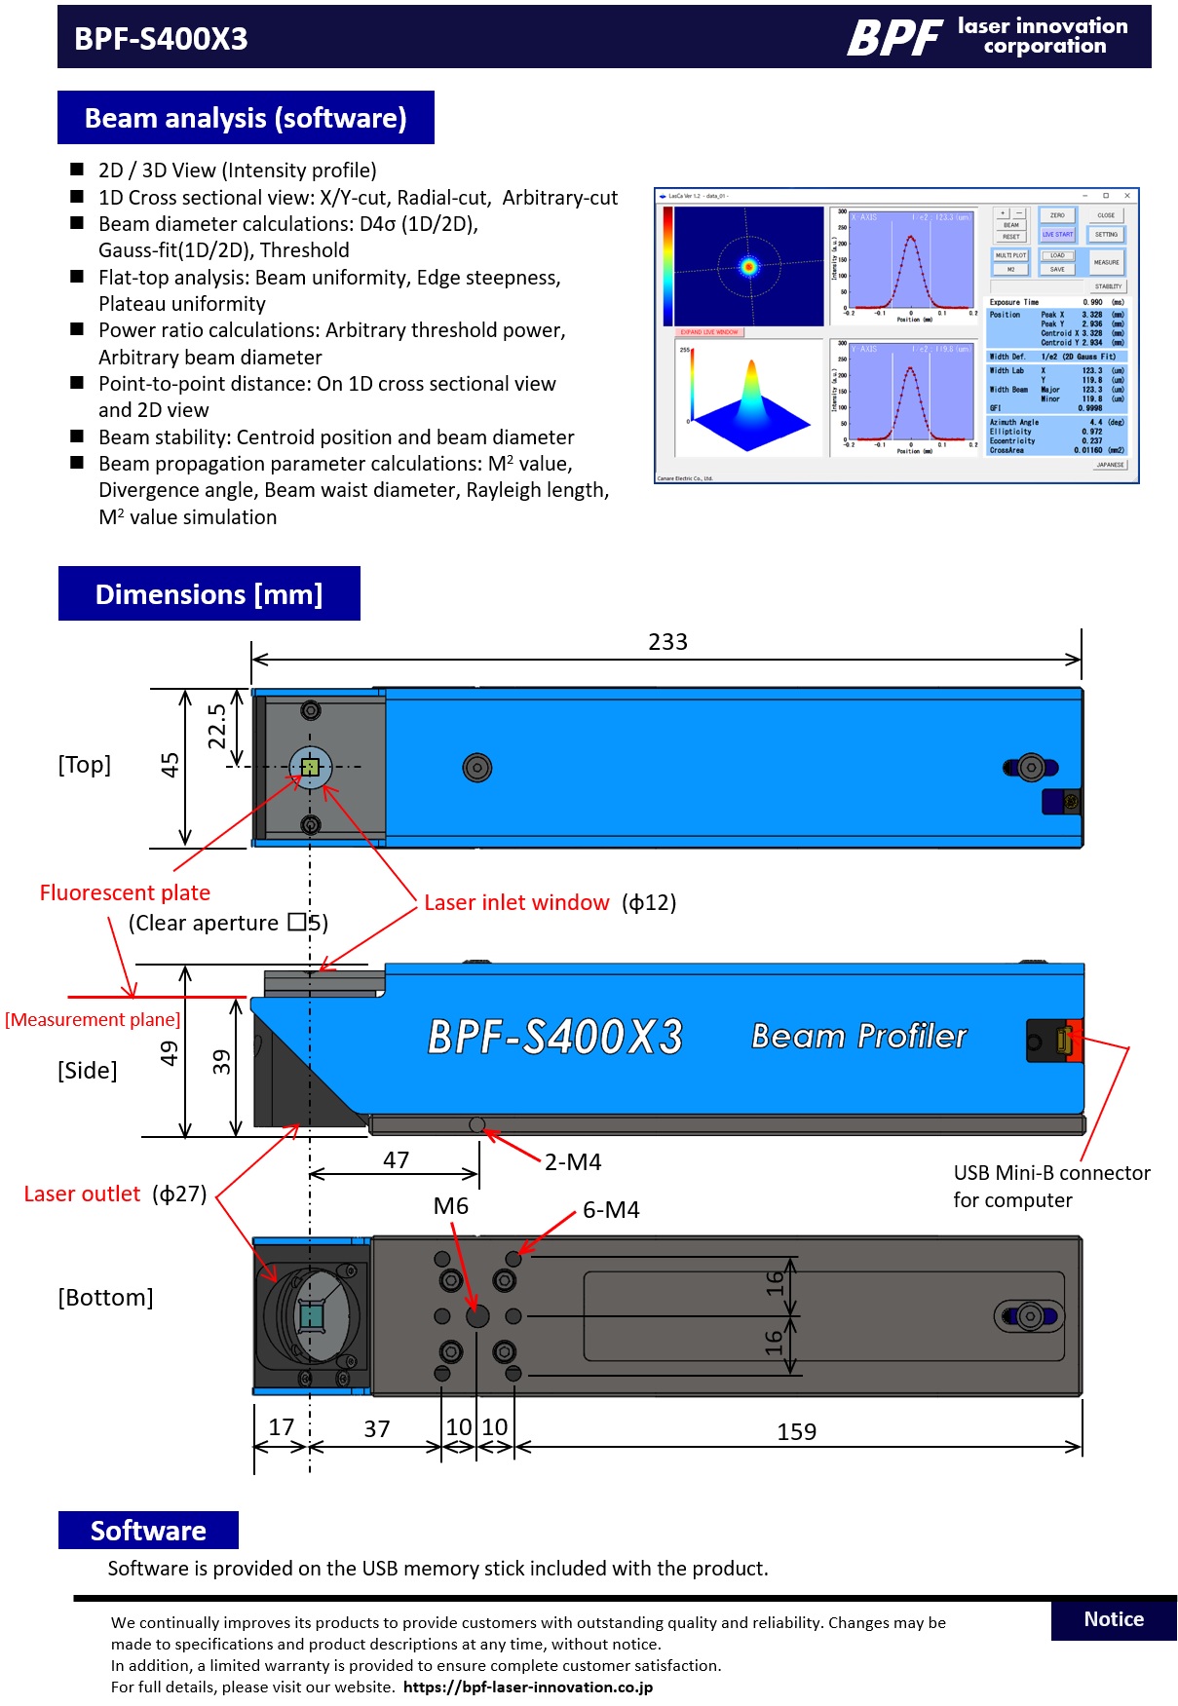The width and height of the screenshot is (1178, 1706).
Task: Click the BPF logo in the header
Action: tap(893, 38)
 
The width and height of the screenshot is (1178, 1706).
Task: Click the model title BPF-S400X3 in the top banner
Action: tap(161, 39)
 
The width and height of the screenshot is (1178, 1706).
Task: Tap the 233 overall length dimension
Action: tap(667, 642)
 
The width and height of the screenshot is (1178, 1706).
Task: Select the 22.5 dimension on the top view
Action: tap(216, 726)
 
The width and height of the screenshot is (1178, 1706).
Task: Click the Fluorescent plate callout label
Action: tap(125, 892)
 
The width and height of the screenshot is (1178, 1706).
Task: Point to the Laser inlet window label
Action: tap(516, 903)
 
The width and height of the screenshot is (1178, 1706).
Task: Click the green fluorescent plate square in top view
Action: tap(310, 768)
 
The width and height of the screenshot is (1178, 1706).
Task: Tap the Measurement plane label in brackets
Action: tap(93, 1020)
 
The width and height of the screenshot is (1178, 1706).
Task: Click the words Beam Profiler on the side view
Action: tap(858, 1037)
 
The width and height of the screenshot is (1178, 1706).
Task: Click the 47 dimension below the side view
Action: tap(396, 1160)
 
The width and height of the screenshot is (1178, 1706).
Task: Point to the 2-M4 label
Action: tap(573, 1162)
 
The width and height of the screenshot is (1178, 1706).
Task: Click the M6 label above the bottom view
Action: tap(450, 1206)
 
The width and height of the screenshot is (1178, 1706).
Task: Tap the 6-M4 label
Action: tap(611, 1210)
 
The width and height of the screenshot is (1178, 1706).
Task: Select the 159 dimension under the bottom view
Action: tap(796, 1432)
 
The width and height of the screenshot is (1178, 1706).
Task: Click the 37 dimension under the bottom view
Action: tap(376, 1429)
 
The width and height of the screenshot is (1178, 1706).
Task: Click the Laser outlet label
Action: tap(83, 1194)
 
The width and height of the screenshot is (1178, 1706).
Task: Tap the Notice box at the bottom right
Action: tap(1113, 1619)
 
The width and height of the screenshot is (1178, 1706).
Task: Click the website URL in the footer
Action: tap(528, 1687)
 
